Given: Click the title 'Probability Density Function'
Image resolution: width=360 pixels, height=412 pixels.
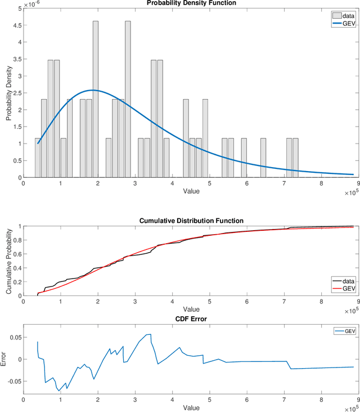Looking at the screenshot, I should coord(191,3).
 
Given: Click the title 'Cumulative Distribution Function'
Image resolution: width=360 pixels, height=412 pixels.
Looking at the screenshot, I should coord(191,221).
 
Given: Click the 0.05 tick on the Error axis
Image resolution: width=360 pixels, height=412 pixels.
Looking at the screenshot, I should coord(14,336).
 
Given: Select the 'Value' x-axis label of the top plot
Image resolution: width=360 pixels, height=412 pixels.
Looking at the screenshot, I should coord(191,191).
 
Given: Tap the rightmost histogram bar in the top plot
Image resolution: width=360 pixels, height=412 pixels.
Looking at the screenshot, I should coord(295,158).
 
